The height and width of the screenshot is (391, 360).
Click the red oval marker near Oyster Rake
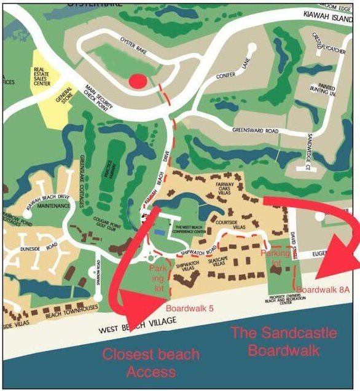(139, 81)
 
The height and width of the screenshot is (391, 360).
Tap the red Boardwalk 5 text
(189, 309)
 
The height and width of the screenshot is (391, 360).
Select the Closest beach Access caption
(151, 363)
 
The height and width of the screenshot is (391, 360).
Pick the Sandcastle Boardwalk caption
(284, 342)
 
